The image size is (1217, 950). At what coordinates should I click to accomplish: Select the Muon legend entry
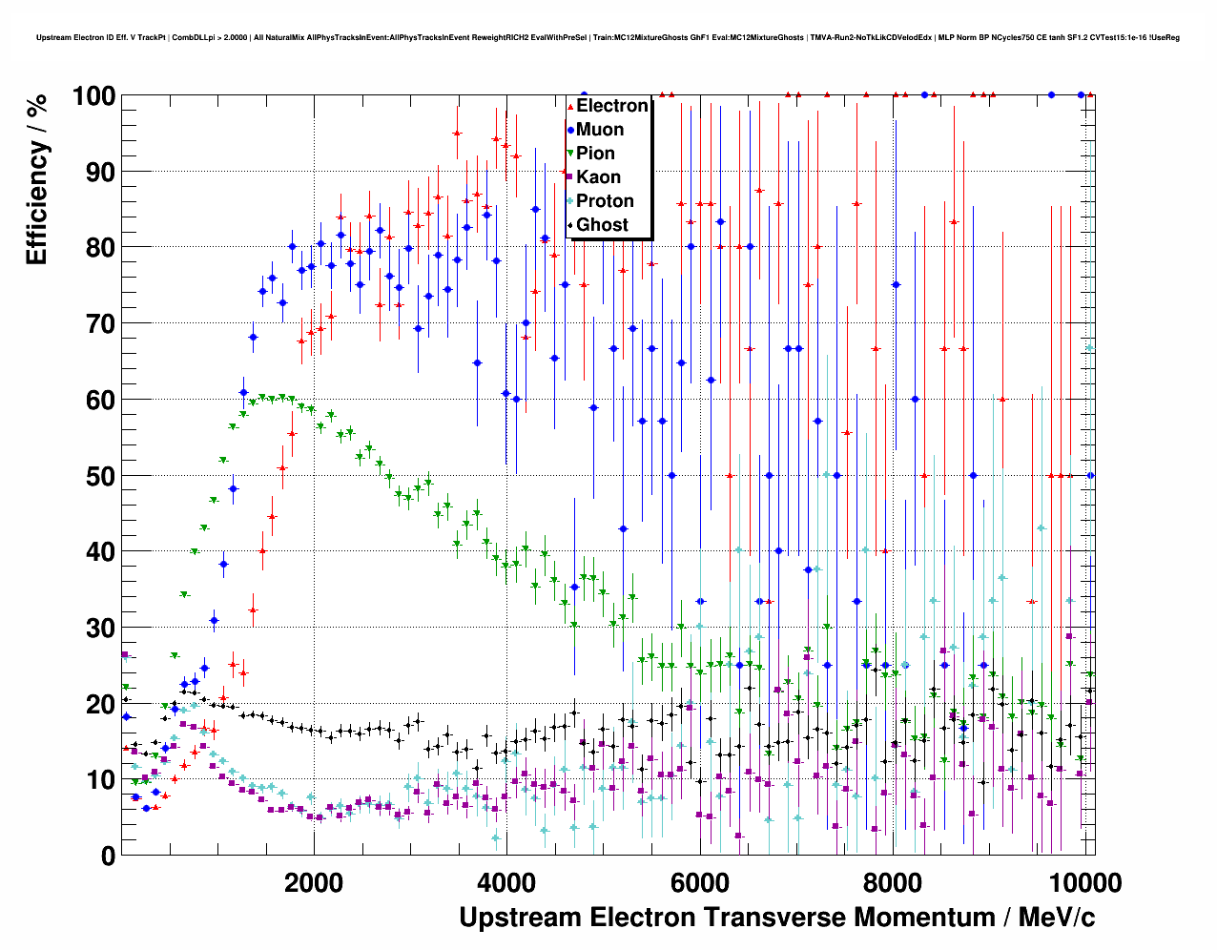click(600, 130)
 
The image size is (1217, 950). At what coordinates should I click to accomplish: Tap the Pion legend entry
click(595, 154)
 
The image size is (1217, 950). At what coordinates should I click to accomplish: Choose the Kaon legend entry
click(598, 177)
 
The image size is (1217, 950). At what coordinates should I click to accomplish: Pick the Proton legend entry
click(605, 201)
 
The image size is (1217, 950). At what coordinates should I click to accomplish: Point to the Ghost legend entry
click(602, 225)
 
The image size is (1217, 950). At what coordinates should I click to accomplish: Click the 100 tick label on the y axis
click(93, 96)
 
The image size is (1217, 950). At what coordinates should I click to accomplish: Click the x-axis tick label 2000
click(314, 883)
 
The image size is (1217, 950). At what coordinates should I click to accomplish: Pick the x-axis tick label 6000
click(700, 883)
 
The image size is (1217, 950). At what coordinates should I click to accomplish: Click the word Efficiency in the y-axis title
click(36, 202)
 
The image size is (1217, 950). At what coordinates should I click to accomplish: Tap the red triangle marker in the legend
click(570, 106)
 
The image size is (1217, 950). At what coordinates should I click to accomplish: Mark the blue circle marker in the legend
click(570, 130)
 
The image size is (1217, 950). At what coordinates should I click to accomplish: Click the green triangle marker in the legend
click(570, 154)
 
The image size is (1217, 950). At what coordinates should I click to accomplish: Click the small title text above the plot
click(608, 38)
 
